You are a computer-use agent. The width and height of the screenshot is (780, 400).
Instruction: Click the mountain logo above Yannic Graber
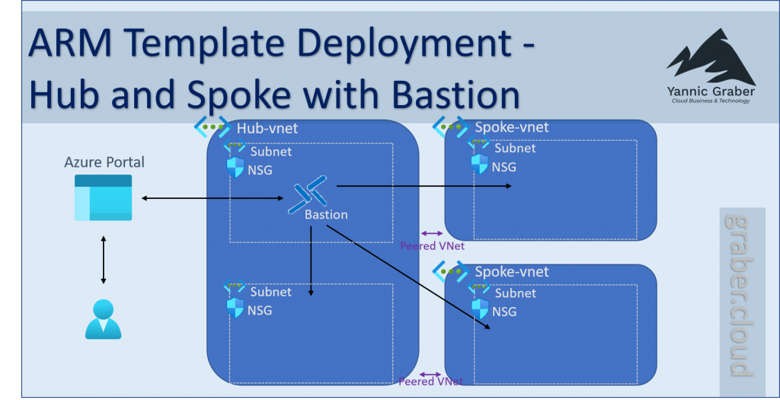click(710, 57)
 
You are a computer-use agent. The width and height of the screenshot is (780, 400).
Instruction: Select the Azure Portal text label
click(104, 162)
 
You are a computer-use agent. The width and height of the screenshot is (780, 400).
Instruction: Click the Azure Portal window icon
click(103, 197)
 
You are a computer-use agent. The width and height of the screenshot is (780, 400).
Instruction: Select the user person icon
click(103, 319)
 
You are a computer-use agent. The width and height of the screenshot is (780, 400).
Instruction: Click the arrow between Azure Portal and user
click(104, 258)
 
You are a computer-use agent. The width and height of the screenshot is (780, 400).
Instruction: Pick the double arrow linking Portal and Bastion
click(213, 200)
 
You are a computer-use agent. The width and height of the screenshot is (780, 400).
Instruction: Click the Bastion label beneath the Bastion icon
click(326, 215)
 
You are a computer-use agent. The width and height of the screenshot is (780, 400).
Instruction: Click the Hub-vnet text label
click(267, 129)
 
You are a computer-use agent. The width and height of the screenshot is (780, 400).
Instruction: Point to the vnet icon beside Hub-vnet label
click(211, 126)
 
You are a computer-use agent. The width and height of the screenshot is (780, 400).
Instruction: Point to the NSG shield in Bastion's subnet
click(235, 168)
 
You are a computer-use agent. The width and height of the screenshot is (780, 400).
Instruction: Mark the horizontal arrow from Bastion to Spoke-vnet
click(423, 185)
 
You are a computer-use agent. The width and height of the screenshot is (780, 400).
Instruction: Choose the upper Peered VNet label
click(432, 246)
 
